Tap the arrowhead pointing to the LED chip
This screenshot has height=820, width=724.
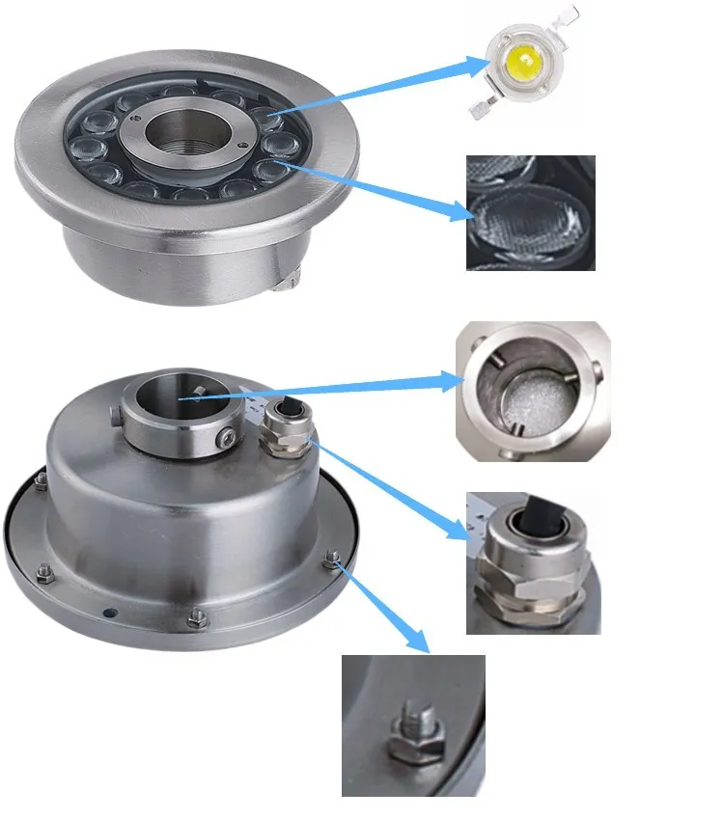(479, 67)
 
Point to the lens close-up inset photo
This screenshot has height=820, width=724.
(530, 213)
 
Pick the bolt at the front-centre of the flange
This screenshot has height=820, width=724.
(197, 617)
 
